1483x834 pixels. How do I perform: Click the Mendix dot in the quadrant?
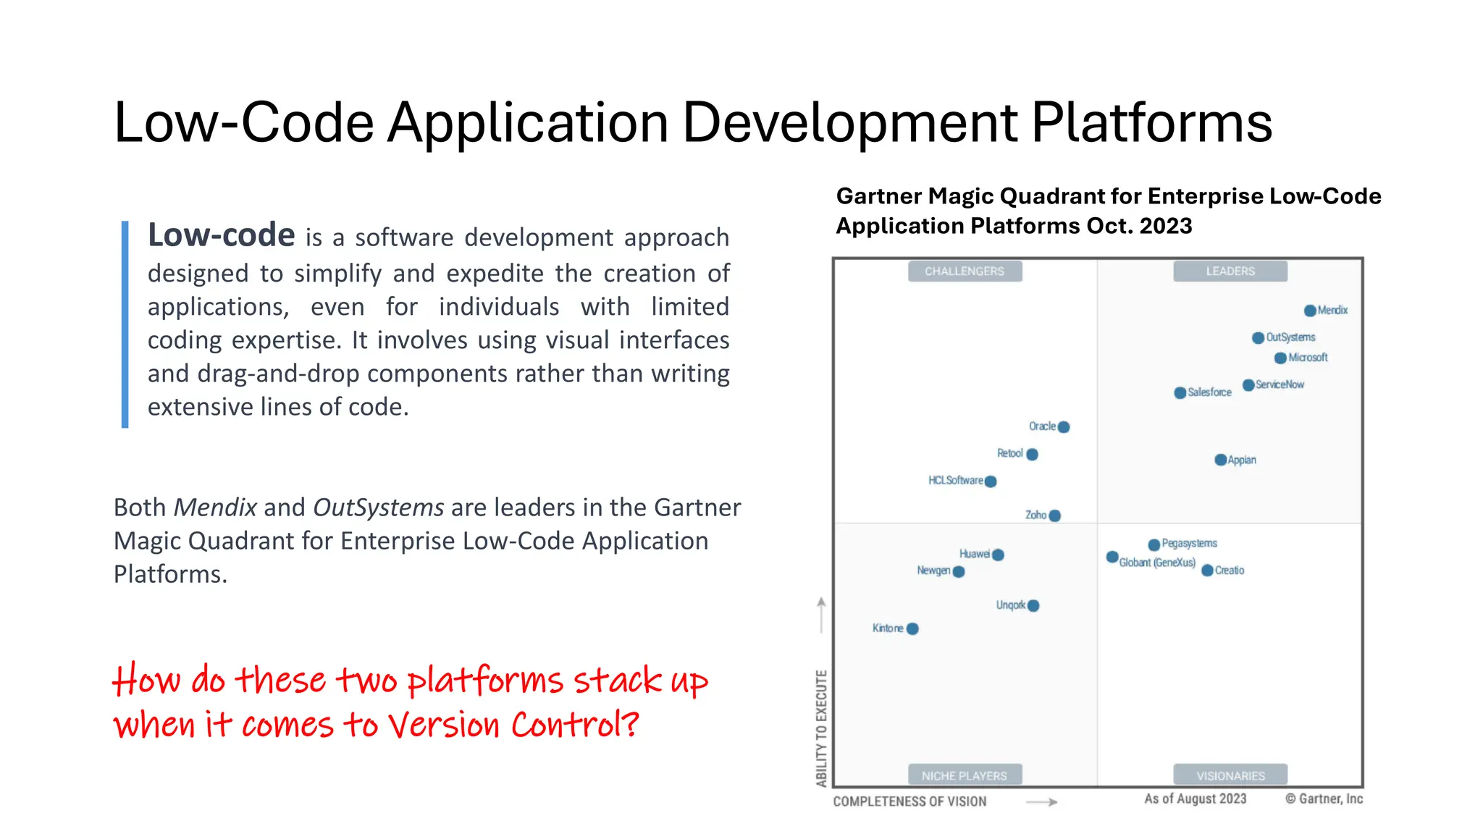pos(1310,311)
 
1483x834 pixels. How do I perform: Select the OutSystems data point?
pos(1259,338)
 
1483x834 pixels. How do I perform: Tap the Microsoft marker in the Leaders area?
pos(1281,358)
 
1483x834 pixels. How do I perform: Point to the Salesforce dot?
pos(1180,393)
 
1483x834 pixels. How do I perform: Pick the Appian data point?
pos(1221,460)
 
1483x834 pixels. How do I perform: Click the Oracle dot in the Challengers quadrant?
pos(1064,427)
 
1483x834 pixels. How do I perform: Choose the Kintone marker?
pos(913,628)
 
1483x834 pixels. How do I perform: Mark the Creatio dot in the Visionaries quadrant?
pos(1208,570)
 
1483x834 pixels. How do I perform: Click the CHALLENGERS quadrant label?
pos(965,271)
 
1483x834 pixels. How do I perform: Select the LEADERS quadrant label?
pos(1230,271)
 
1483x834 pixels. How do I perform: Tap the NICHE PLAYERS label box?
pos(965,775)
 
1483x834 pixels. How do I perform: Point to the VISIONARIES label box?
pos(1230,775)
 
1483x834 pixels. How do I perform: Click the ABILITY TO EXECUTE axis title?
pos(821,728)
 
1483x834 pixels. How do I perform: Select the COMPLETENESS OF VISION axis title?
pos(909,801)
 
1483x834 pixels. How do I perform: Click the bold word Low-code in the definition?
pos(222,236)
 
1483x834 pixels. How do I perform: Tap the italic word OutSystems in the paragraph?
pos(378,507)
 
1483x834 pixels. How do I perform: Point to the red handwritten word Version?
pos(444,725)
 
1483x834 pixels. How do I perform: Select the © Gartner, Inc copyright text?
pos(1324,799)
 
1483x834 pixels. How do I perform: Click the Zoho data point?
pos(1055,515)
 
